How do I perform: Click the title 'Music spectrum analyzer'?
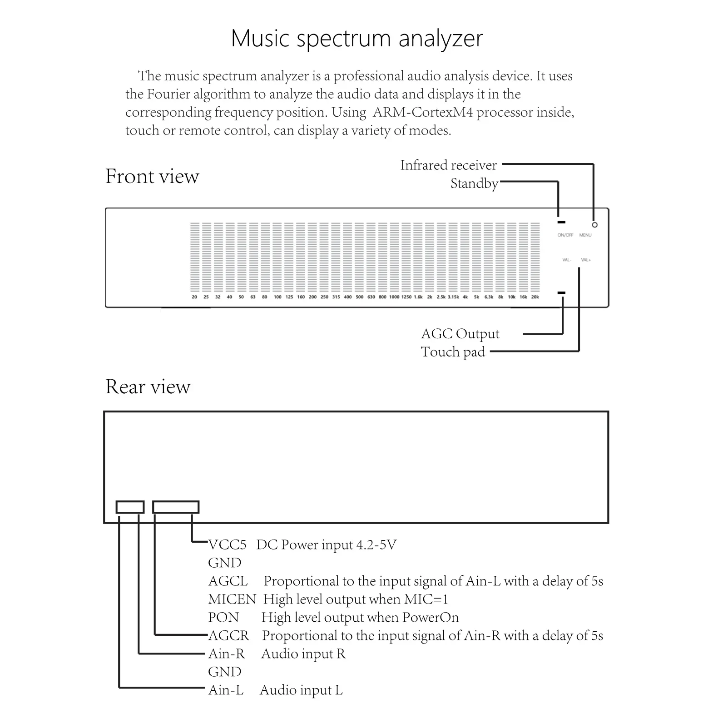pyautogui.click(x=357, y=39)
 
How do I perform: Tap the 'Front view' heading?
pyautogui.click(x=152, y=176)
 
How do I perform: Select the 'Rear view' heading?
pyautogui.click(x=148, y=386)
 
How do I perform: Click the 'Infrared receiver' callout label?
pyautogui.click(x=448, y=165)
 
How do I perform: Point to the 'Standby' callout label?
pyautogui.click(x=474, y=183)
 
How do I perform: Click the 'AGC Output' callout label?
pyautogui.click(x=460, y=334)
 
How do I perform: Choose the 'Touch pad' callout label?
pyautogui.click(x=453, y=352)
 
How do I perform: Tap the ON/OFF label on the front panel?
pyautogui.click(x=565, y=235)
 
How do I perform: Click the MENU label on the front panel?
pyautogui.click(x=585, y=235)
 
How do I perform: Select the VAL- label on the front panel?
pyautogui.click(x=567, y=260)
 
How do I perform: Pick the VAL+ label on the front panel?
pyautogui.click(x=586, y=260)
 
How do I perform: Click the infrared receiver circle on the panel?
pyautogui.click(x=594, y=225)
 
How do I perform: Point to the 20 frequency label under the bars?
pyautogui.click(x=194, y=297)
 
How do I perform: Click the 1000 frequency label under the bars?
pyautogui.click(x=394, y=297)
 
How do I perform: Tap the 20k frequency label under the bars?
pyautogui.click(x=535, y=297)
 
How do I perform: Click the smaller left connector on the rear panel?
pyautogui.click(x=130, y=507)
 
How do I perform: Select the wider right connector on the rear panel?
pyautogui.click(x=176, y=507)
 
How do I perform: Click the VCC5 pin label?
pyautogui.click(x=227, y=545)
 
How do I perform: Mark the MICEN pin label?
pyautogui.click(x=232, y=599)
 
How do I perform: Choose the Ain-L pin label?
pyautogui.click(x=226, y=690)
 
